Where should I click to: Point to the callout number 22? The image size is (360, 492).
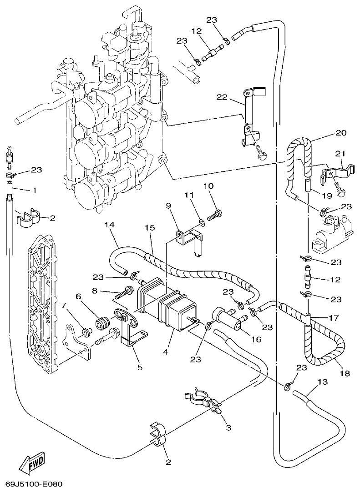[222, 98]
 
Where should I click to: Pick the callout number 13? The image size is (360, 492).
[322, 383]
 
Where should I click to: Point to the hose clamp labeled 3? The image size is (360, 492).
[203, 400]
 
